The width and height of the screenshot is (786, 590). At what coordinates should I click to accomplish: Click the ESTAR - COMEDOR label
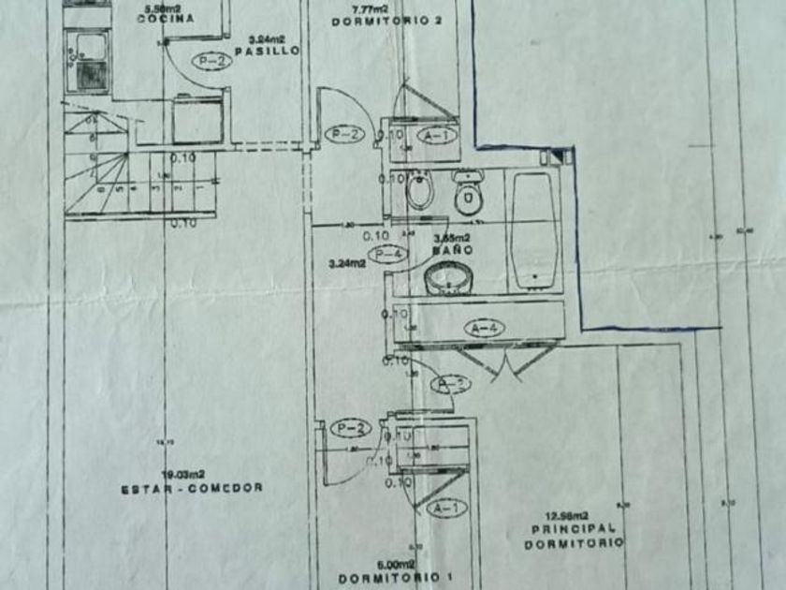point(192,487)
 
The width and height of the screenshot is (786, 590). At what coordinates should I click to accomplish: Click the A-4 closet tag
point(486,328)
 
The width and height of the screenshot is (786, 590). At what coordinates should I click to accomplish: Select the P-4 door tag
point(386,254)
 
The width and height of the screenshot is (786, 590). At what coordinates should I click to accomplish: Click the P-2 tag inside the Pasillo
point(211,61)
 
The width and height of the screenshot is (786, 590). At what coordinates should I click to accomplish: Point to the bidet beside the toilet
point(420,193)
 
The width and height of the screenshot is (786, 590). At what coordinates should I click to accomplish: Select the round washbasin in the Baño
point(449,279)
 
